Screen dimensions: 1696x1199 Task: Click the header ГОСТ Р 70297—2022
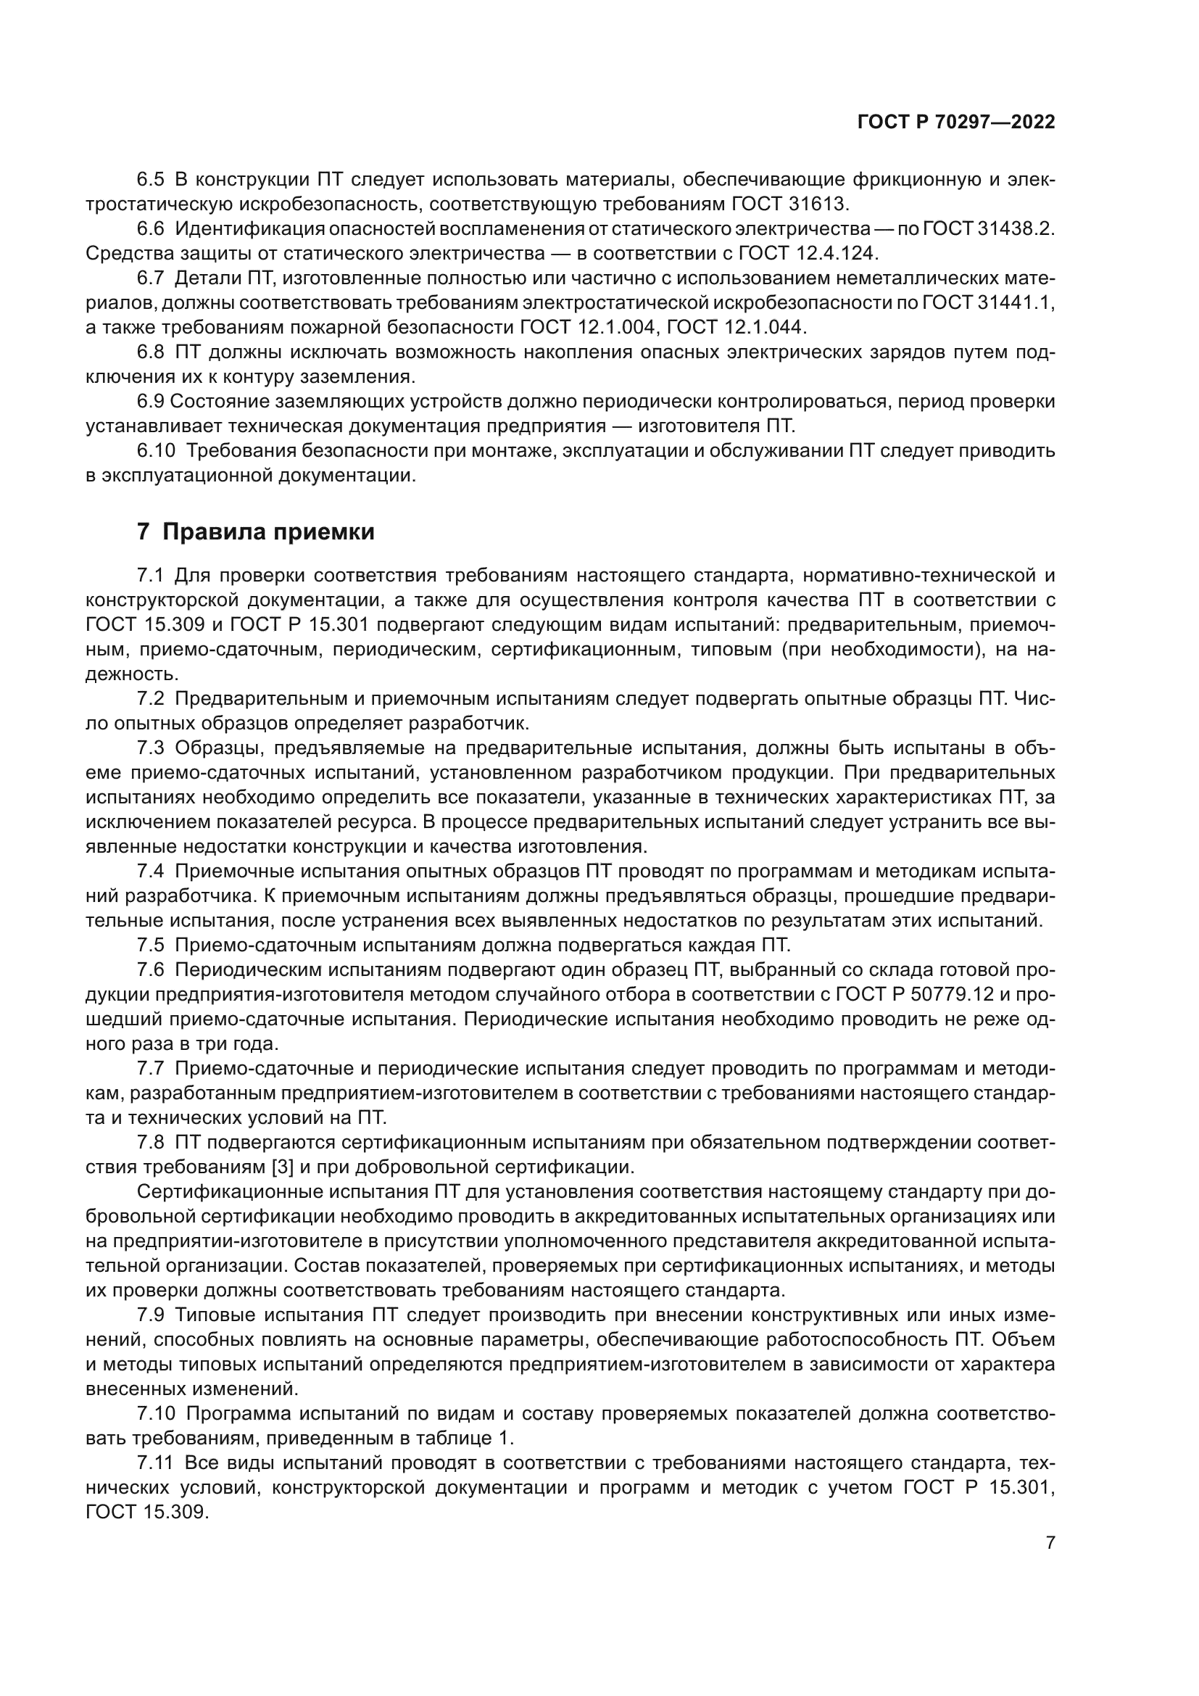[x=955, y=123]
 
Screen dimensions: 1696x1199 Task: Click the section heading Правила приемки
[x=268, y=531]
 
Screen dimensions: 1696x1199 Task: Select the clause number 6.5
[x=152, y=180]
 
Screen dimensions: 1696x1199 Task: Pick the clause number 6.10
[x=156, y=450]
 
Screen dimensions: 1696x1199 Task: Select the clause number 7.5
[x=152, y=946]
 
